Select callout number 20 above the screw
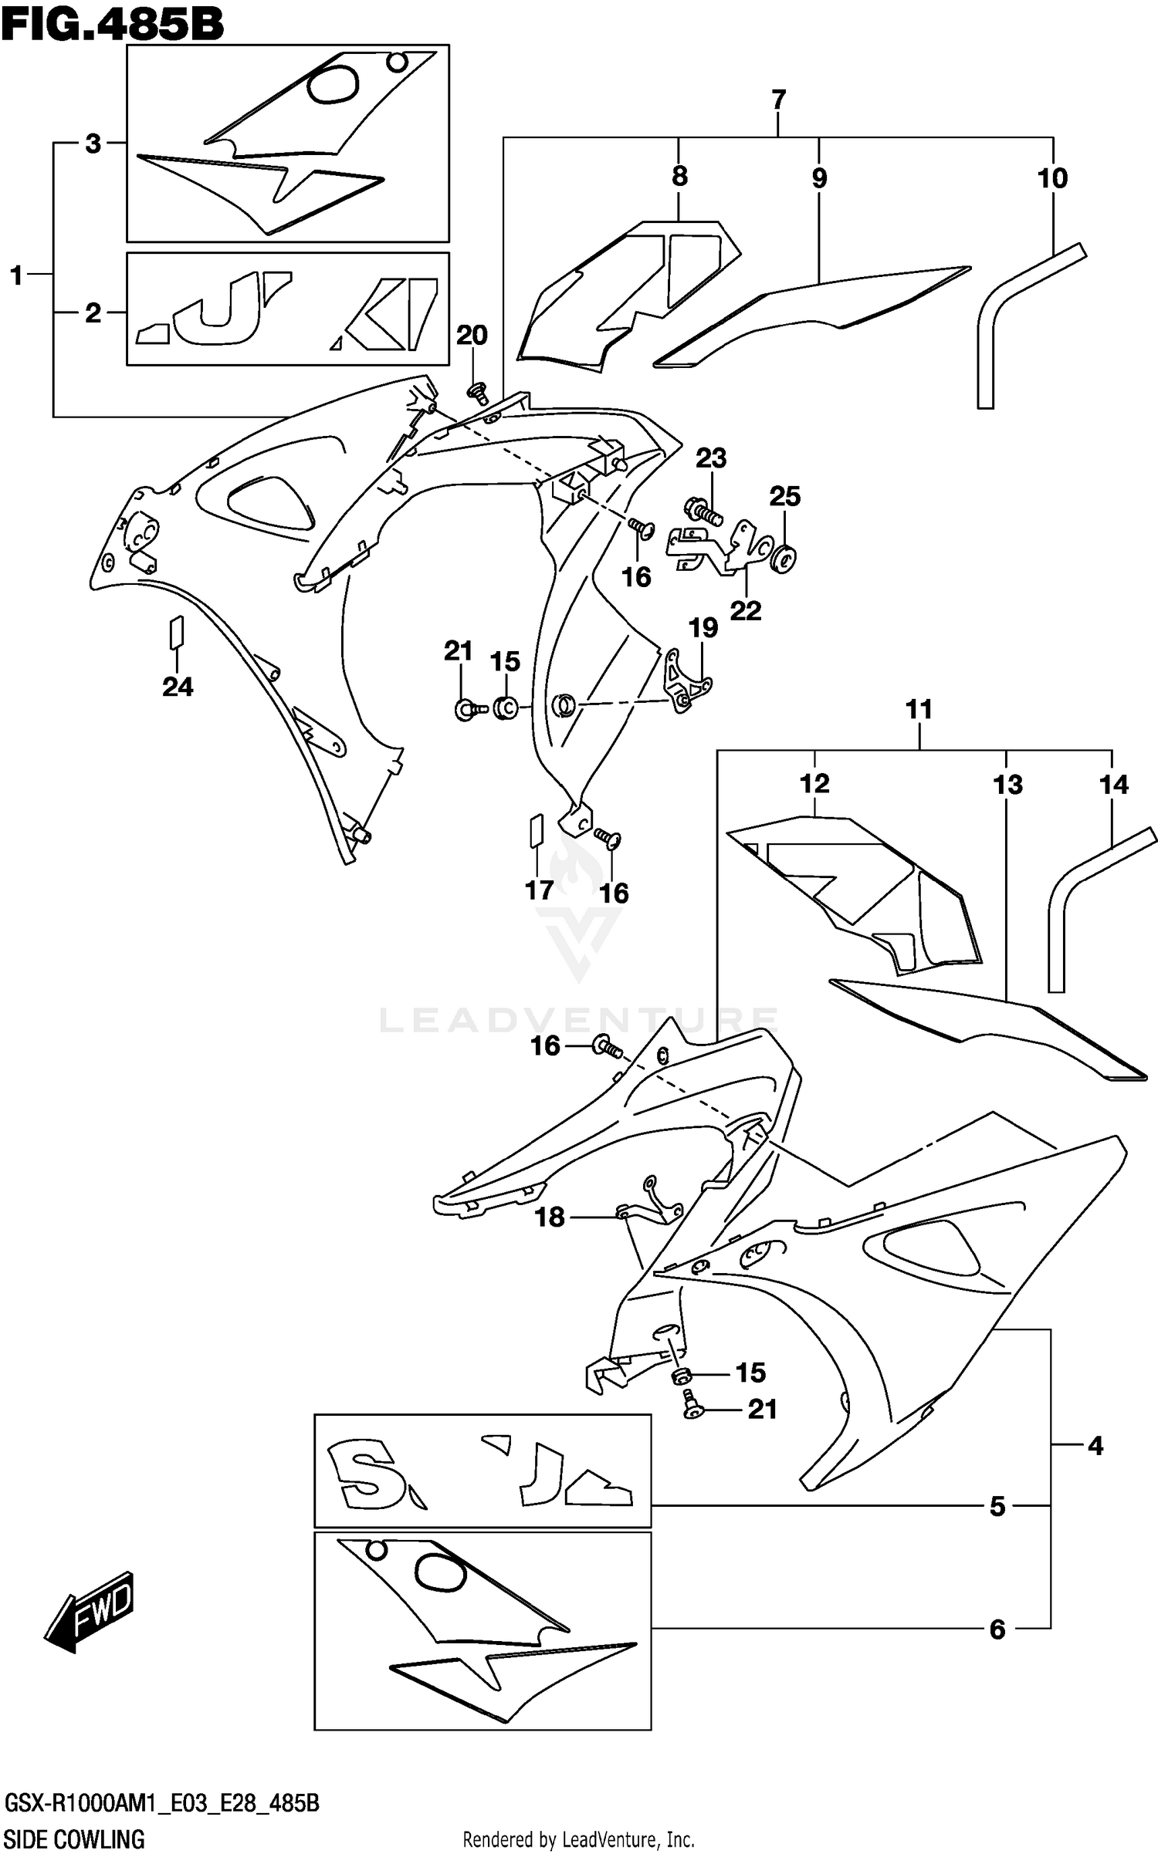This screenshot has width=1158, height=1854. pyautogui.click(x=472, y=335)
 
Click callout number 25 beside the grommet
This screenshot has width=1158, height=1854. pyautogui.click(x=784, y=496)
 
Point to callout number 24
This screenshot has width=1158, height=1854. pyautogui.click(x=178, y=686)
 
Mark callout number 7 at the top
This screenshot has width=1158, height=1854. pyautogui.click(x=778, y=100)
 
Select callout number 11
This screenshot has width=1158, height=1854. pyautogui.click(x=919, y=709)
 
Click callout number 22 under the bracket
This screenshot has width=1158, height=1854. pyautogui.click(x=746, y=610)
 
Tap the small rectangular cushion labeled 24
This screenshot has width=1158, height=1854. pyautogui.click(x=177, y=631)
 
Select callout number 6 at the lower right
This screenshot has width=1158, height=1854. pyautogui.click(x=997, y=1629)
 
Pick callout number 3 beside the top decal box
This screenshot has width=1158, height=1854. pyautogui.click(x=93, y=144)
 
